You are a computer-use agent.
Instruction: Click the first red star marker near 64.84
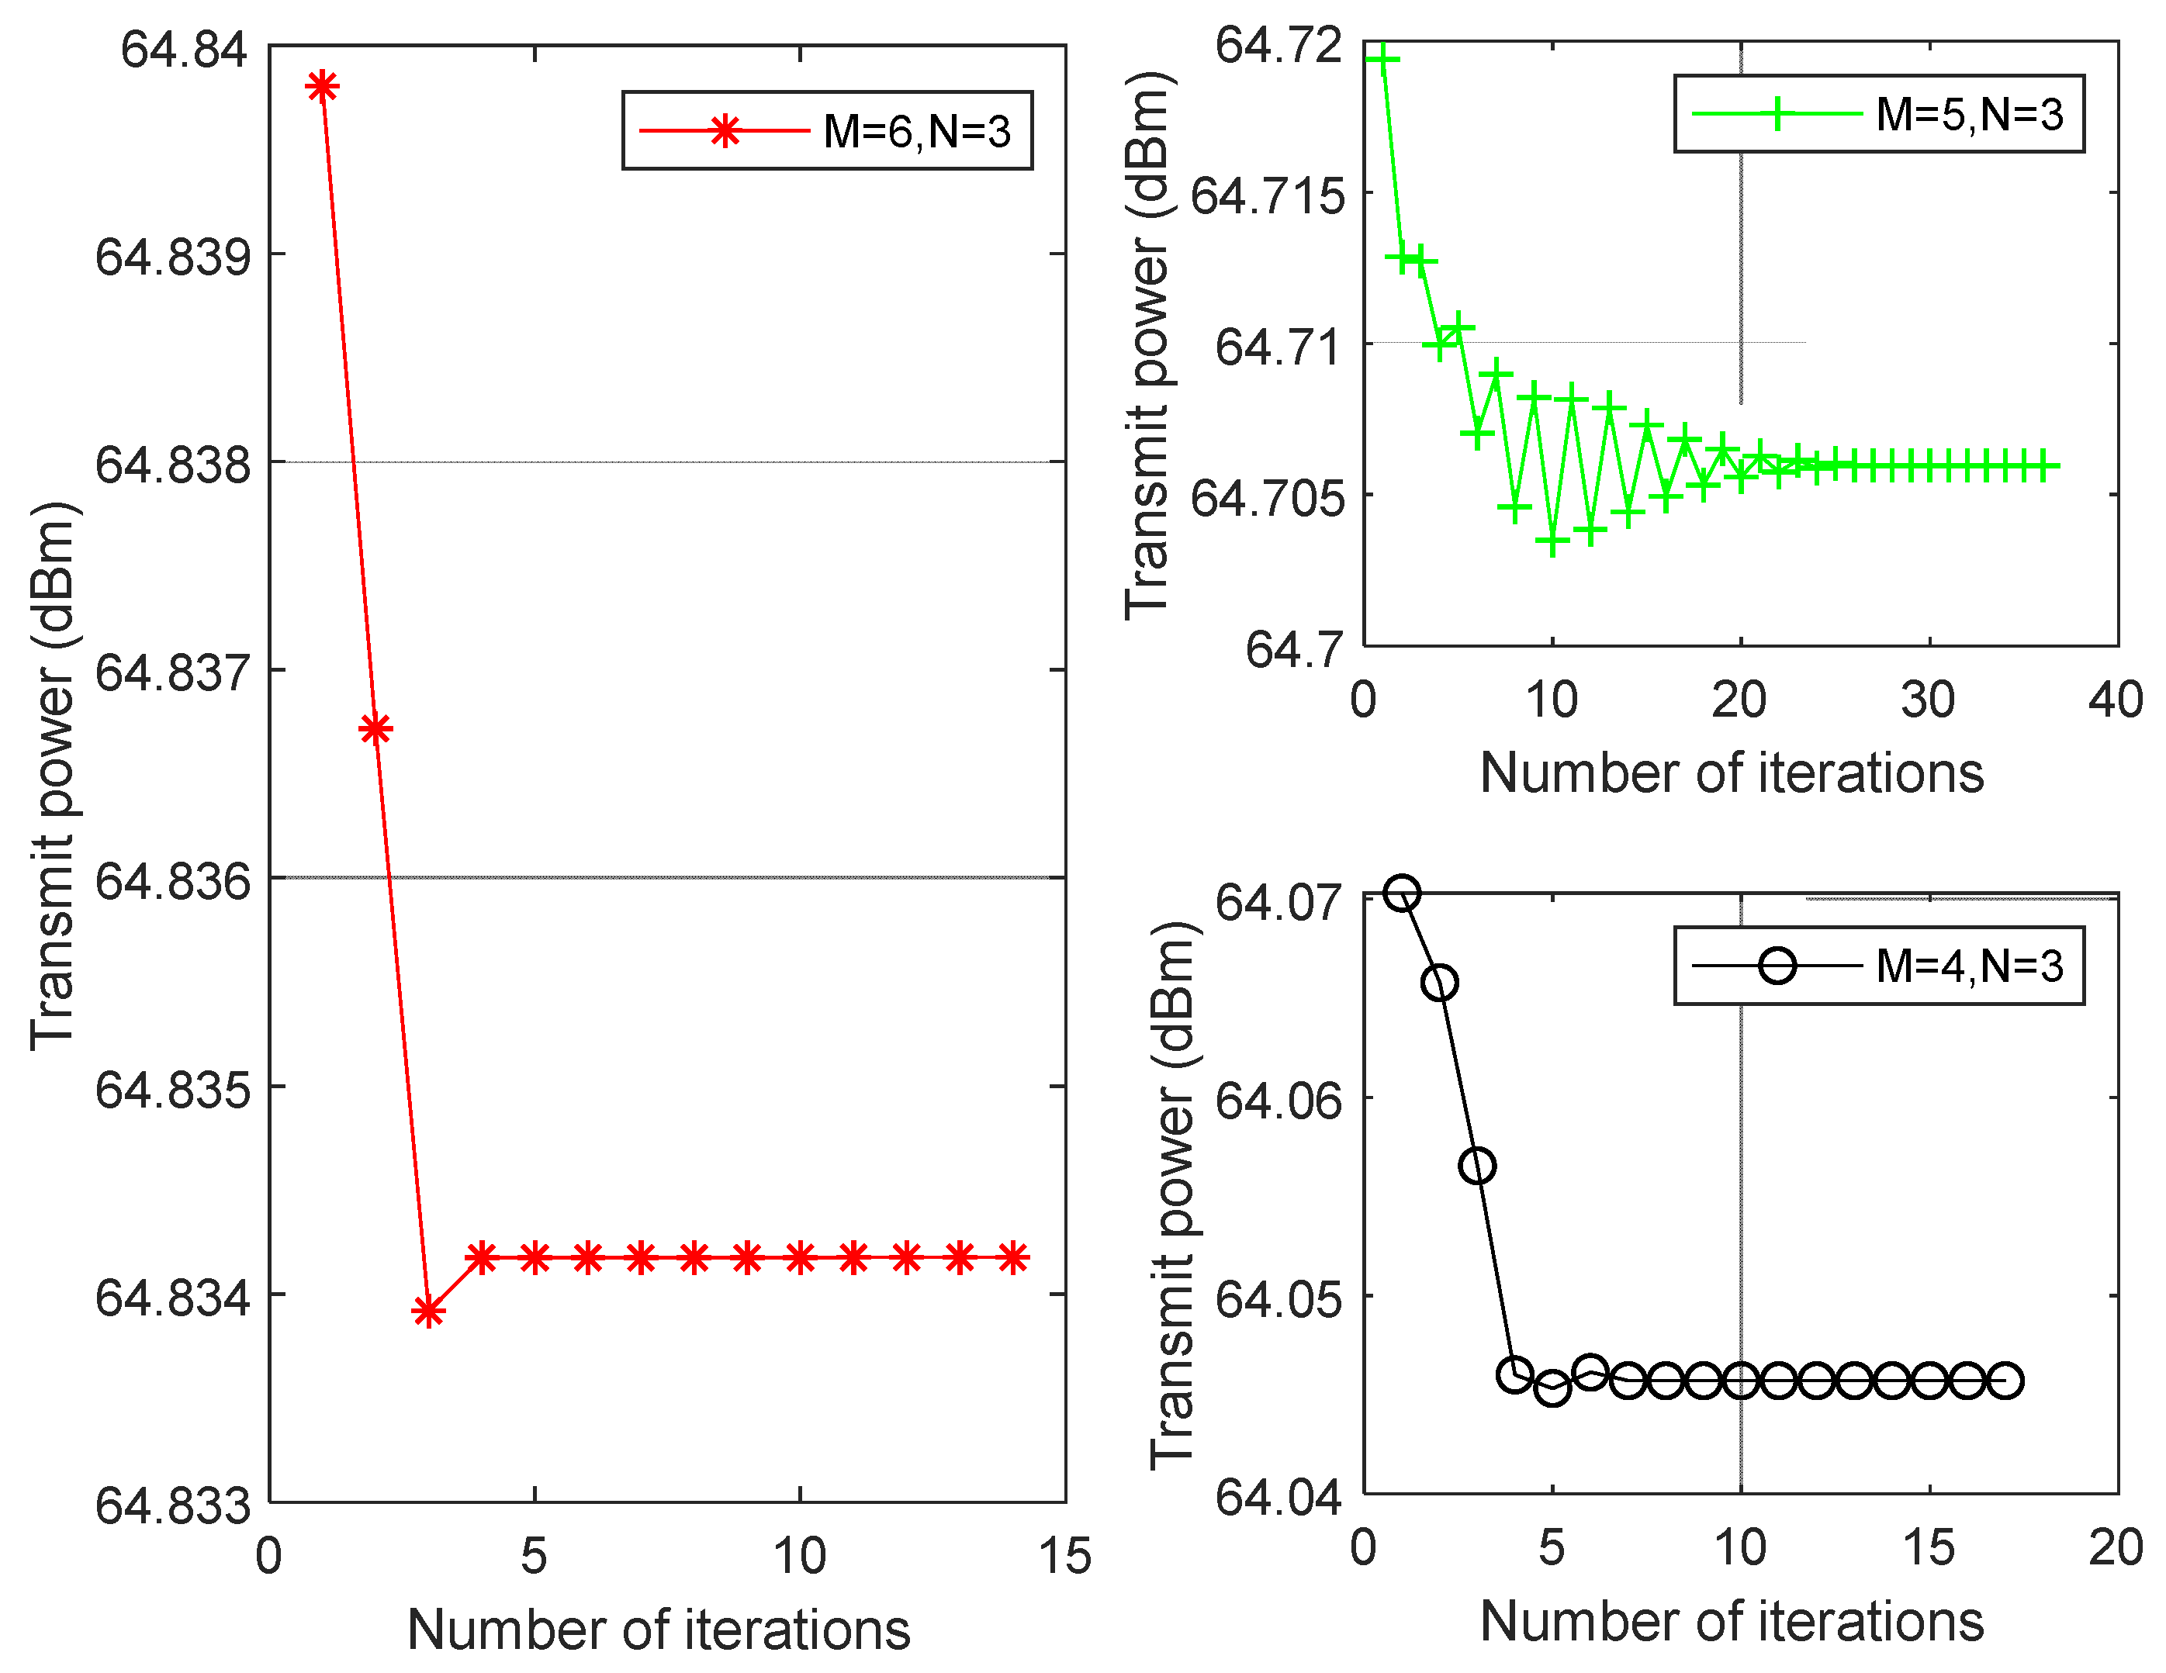[322, 88]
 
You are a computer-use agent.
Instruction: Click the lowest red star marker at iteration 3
[427, 1312]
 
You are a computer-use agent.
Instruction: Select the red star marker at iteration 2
[375, 730]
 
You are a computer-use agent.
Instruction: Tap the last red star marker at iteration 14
[1012, 1259]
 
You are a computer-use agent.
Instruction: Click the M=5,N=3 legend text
[1969, 114]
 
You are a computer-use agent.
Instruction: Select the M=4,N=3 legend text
[1969, 966]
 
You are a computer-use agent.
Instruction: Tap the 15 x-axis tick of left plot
[1064, 1556]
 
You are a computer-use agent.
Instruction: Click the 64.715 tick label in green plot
[1268, 195]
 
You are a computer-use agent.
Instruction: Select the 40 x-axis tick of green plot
[2116, 700]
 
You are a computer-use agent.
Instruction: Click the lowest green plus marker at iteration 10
[1552, 542]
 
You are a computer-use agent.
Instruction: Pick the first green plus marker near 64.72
[1382, 60]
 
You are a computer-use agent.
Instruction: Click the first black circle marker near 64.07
[1401, 893]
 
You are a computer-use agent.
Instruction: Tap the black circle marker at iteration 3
[1478, 1167]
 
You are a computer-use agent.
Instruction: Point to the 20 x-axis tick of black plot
[2116, 1548]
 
